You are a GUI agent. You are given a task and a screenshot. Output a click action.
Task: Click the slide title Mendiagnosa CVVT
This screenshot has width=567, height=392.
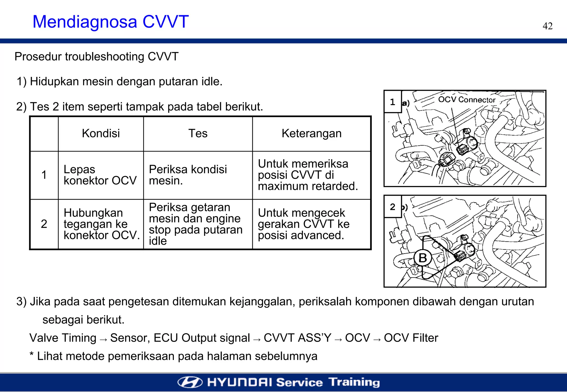pos(110,22)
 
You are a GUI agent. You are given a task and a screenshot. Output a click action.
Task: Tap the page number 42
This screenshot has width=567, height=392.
pos(547,26)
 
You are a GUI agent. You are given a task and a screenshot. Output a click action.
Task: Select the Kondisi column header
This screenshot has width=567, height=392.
pos(101,133)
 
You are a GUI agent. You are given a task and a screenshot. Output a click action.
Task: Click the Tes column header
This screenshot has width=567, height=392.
pos(198,133)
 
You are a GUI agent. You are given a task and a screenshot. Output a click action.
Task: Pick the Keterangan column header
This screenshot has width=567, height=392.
pos(311,133)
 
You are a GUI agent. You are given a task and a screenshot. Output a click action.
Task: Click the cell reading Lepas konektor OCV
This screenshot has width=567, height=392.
pos(100,175)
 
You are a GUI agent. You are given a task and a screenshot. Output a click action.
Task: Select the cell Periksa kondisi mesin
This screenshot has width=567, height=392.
pos(188,175)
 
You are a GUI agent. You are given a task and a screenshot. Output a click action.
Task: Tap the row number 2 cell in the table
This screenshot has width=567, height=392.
pos(44,224)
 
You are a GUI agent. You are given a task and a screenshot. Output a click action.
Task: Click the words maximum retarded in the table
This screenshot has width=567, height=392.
pos(308,186)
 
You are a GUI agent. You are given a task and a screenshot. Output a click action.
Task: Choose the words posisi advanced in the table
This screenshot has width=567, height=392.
pos(301,235)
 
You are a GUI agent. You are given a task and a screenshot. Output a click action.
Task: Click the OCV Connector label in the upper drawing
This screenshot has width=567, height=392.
pos(467,100)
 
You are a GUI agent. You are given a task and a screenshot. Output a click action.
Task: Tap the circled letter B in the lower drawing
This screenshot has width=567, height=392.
pos(422,258)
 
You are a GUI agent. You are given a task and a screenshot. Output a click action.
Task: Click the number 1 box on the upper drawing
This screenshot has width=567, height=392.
pos(393,102)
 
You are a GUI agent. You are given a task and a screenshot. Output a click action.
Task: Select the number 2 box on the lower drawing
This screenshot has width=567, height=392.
pos(393,207)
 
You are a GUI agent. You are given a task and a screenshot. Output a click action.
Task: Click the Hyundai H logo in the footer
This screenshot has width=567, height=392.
pos(190,382)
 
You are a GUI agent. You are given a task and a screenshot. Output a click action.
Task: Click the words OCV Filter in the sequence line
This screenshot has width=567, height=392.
pos(411,338)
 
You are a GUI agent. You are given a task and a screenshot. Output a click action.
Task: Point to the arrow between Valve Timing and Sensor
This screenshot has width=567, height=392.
pos(103,339)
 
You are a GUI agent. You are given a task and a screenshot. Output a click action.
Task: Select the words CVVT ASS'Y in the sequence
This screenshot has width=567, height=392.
pos(297,338)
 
